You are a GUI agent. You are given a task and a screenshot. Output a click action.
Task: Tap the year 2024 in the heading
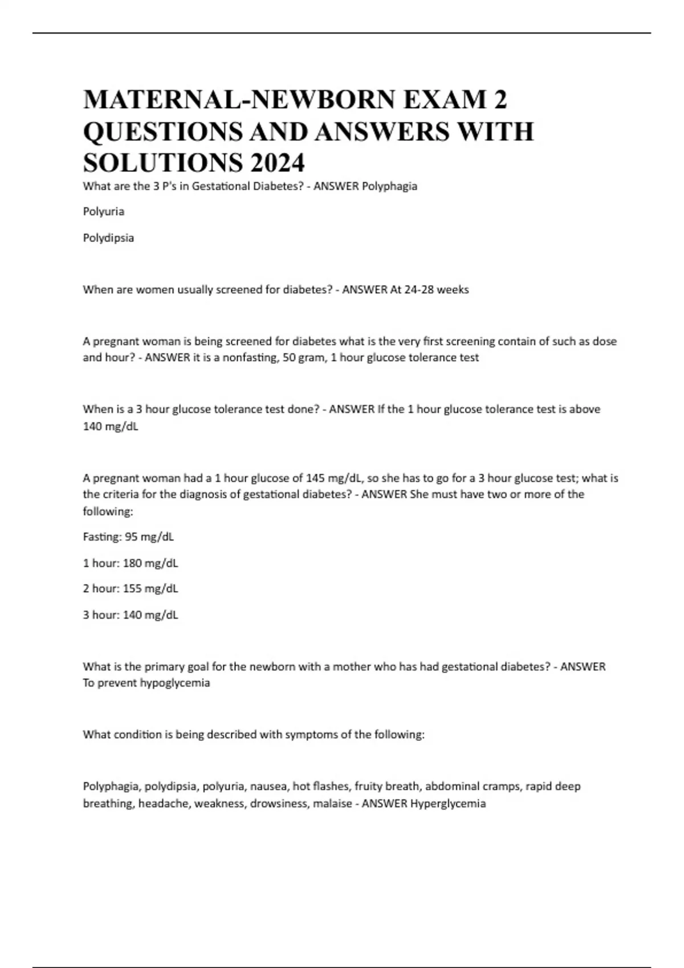(x=275, y=163)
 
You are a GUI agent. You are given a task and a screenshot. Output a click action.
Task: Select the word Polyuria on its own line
(x=104, y=212)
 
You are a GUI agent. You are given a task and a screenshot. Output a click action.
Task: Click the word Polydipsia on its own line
(x=108, y=238)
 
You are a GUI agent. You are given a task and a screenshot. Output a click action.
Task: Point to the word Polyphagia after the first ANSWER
(x=389, y=186)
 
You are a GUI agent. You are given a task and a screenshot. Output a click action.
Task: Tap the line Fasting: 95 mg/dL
(x=128, y=537)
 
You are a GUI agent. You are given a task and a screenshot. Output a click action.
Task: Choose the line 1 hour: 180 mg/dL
(x=131, y=563)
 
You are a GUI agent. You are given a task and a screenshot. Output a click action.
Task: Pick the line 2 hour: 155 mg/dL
(x=131, y=589)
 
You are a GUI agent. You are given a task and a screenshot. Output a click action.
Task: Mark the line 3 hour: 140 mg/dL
(x=131, y=615)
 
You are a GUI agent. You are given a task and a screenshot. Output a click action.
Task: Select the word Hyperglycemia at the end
(x=448, y=804)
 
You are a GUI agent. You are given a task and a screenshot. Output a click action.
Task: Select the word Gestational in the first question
(x=218, y=186)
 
